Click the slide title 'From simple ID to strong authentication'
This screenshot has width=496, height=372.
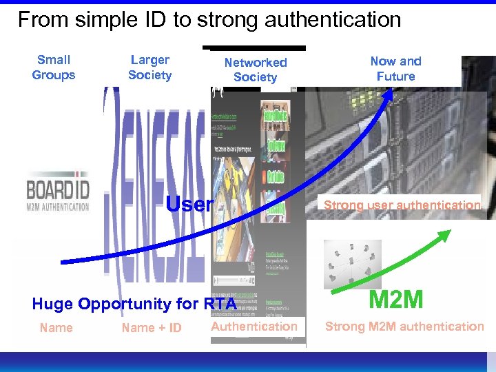(209, 19)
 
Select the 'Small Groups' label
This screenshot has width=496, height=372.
(54, 68)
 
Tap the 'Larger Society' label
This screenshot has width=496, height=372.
(149, 68)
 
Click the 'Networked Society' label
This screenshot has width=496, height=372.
(255, 70)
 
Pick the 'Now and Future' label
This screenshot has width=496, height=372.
(395, 68)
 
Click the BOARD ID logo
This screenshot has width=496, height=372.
(58, 195)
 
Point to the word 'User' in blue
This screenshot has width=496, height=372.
(190, 204)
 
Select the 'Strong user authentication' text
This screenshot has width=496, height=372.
(402, 205)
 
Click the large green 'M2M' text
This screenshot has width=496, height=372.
(396, 300)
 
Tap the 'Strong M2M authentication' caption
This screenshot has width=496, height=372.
(404, 326)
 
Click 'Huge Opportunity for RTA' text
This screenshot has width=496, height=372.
(134, 304)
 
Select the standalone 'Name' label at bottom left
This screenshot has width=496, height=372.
(56, 327)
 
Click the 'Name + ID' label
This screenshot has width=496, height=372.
(152, 328)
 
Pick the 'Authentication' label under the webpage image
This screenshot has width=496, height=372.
(254, 327)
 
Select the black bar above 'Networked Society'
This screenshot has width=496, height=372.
(256, 48)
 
